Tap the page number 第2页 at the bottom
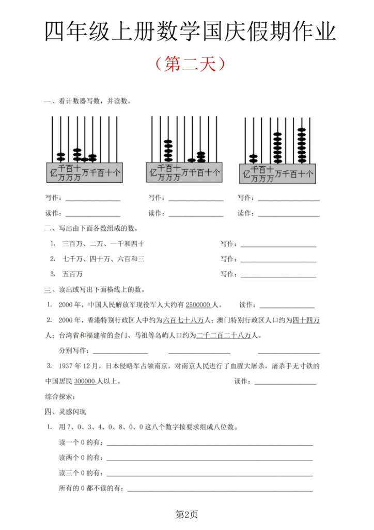click(186, 514)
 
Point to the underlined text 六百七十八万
click(185, 320)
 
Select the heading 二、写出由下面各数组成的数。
click(91, 228)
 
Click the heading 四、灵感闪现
click(66, 412)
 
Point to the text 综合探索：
click(60, 397)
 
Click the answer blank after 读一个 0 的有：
click(209, 444)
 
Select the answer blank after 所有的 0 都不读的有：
click(220, 489)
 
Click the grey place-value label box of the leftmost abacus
click(85, 173)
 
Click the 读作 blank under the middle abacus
click(196, 213)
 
